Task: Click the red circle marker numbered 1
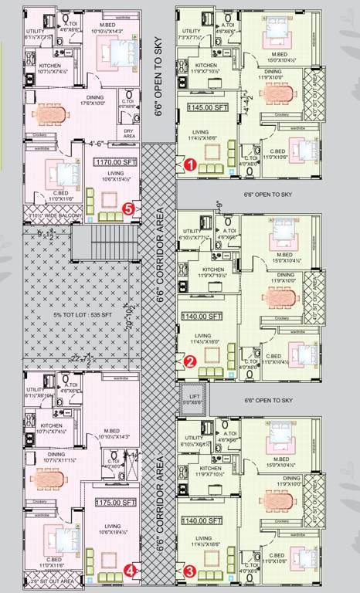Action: click(189, 164)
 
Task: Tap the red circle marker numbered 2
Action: click(189, 360)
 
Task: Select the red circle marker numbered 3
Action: click(189, 572)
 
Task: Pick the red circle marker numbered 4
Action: click(131, 571)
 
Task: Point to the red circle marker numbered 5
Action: click(130, 208)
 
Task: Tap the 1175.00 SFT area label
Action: click(114, 502)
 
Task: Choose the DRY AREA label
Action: click(128, 133)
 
